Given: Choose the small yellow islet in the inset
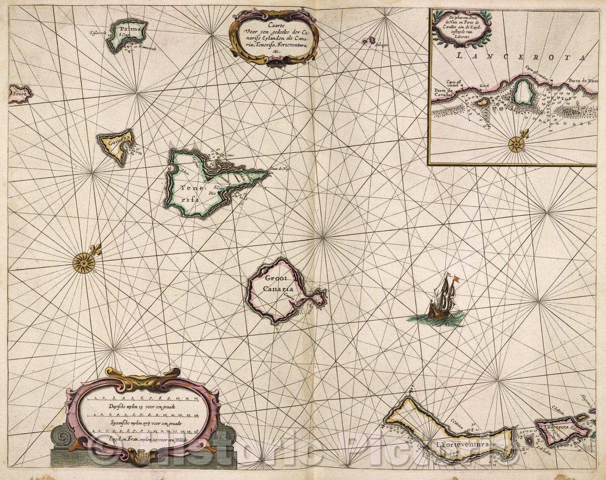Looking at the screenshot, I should point(482,102).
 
